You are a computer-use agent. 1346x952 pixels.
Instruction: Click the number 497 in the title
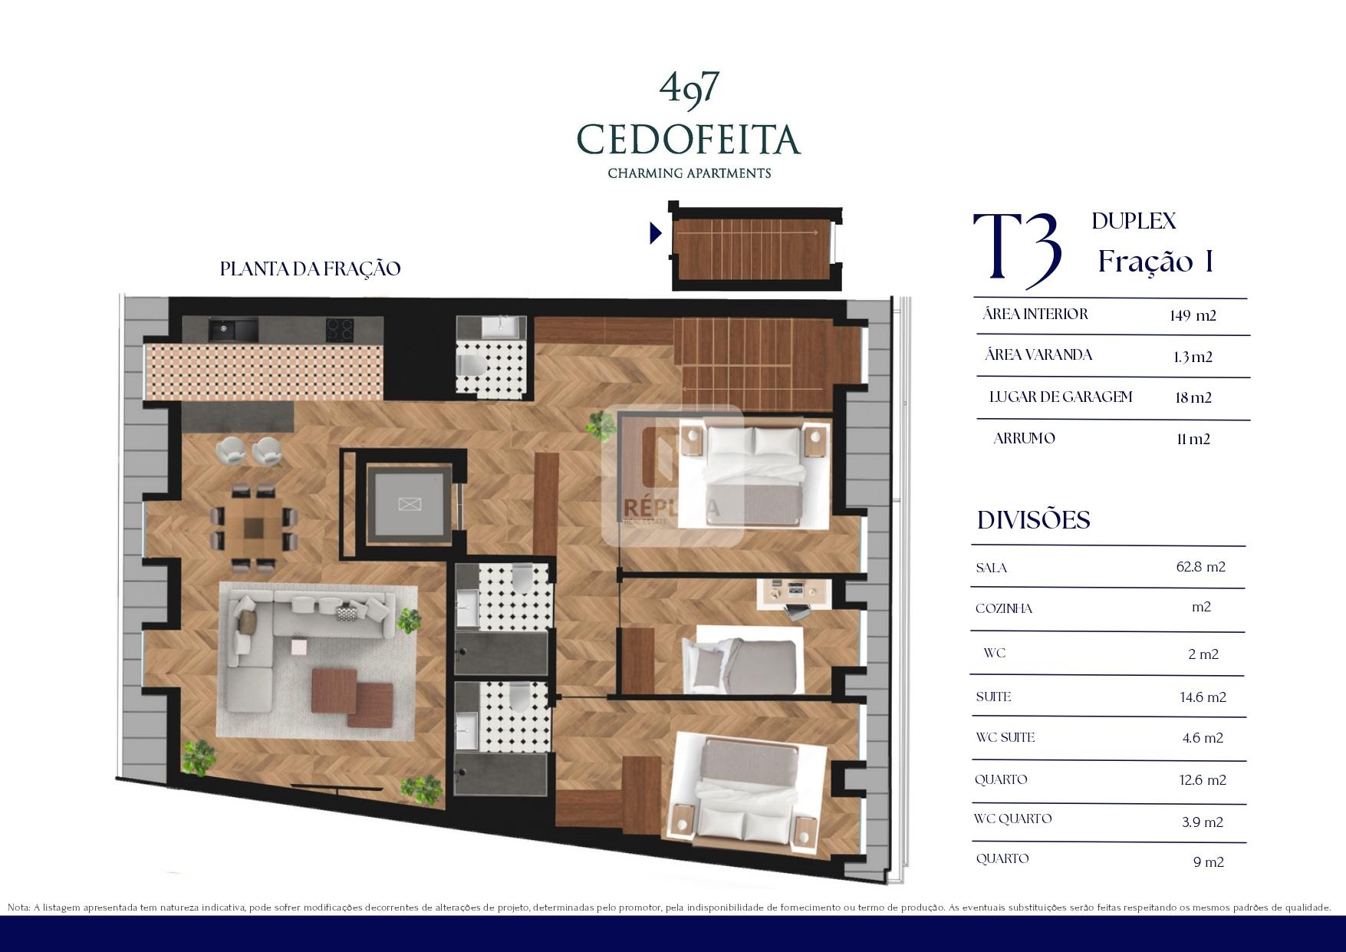[689, 87]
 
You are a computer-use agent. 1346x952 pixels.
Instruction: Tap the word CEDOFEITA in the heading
[689, 139]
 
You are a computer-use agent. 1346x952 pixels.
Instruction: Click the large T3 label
[1018, 247]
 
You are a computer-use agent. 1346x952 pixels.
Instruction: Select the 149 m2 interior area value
[1193, 315]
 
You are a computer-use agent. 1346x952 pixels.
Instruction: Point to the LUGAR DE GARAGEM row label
[1061, 397]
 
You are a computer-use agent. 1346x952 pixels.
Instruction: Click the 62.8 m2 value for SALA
[1200, 567]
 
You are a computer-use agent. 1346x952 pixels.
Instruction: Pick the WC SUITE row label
[1005, 737]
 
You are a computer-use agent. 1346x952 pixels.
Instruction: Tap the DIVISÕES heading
[1033, 520]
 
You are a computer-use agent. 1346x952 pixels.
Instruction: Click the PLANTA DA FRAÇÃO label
[310, 269]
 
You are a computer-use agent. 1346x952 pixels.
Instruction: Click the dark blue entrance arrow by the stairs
[656, 232]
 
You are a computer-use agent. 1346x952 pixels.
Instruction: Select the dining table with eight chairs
[253, 529]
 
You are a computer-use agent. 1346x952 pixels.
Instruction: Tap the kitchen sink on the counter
[232, 330]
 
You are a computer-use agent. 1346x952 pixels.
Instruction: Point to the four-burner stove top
[340, 330]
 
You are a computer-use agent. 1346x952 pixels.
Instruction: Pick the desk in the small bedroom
[794, 592]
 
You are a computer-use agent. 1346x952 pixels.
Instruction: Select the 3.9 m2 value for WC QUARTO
[1202, 822]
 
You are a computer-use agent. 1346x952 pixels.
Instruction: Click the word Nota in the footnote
[18, 908]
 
